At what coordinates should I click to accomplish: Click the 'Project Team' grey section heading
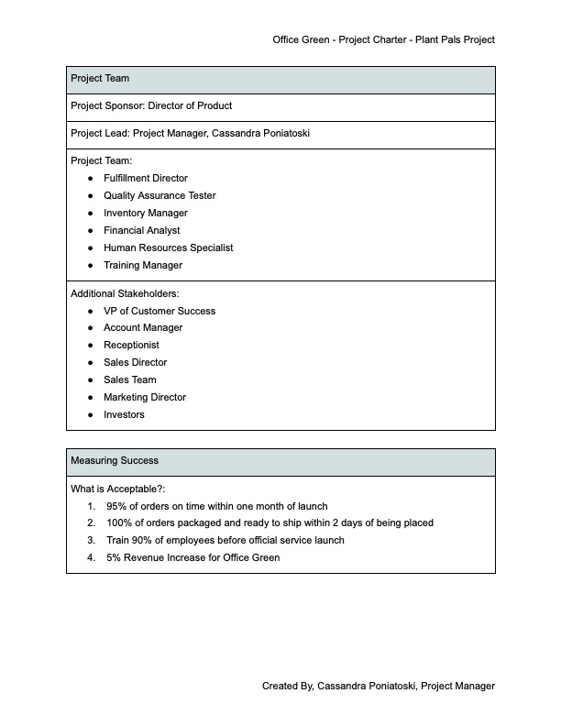pyautogui.click(x=100, y=79)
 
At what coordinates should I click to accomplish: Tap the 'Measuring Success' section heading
pyautogui.click(x=114, y=460)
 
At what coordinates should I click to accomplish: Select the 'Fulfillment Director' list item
pyautogui.click(x=145, y=178)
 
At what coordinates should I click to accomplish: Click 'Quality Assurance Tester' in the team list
pyautogui.click(x=159, y=195)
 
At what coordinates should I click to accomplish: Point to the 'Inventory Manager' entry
pyautogui.click(x=145, y=213)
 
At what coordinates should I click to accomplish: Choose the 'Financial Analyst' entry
pyautogui.click(x=141, y=230)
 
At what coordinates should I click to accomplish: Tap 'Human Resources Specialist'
pyautogui.click(x=168, y=247)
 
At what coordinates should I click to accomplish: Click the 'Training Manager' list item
pyautogui.click(x=142, y=265)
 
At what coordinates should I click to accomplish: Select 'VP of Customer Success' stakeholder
pyautogui.click(x=159, y=311)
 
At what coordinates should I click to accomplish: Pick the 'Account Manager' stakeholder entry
pyautogui.click(x=143, y=327)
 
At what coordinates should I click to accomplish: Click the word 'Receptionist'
pyautogui.click(x=131, y=345)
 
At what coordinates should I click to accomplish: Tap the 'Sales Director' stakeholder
pyautogui.click(x=135, y=362)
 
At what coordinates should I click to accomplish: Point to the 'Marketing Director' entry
pyautogui.click(x=144, y=397)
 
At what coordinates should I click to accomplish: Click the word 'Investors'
pyautogui.click(x=124, y=414)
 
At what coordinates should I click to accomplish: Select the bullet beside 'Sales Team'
pyautogui.click(x=91, y=379)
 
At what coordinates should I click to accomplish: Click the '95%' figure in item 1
pyautogui.click(x=116, y=506)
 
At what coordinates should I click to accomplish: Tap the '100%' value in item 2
pyautogui.click(x=119, y=522)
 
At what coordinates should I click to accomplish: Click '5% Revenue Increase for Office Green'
pyautogui.click(x=192, y=557)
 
